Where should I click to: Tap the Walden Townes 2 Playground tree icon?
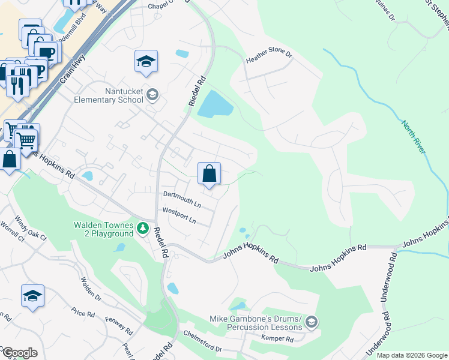[143, 228]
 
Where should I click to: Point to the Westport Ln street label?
[179, 215]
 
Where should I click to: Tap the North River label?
[414, 136]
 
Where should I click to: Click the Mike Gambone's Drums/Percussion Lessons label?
[255, 323]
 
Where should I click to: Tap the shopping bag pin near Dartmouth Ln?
[209, 175]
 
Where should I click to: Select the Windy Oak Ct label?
[31, 228]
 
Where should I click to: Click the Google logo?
[19, 353]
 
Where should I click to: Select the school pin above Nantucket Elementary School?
[146, 62]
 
